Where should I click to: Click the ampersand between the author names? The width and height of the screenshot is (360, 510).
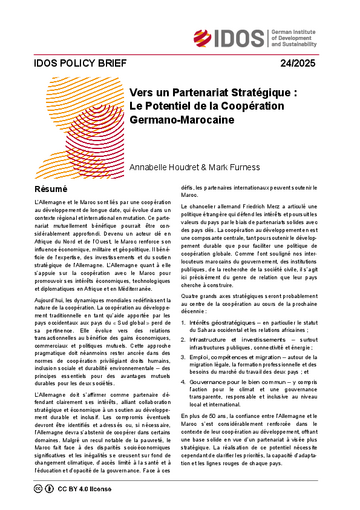[x=199, y=176]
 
